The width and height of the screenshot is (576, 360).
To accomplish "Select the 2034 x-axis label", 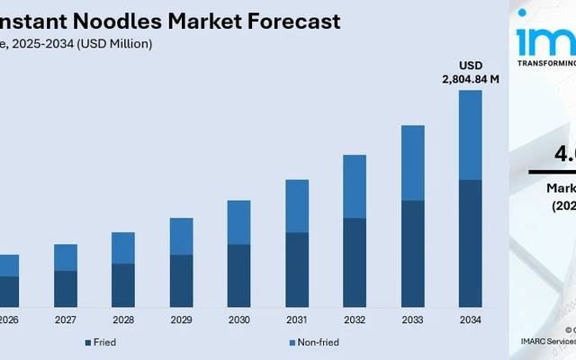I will tap(470, 319).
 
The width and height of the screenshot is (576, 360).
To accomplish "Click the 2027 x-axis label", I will tap(66, 319).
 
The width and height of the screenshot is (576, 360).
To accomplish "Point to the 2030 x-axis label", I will tap(238, 319).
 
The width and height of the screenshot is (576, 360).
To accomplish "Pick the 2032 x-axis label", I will tap(355, 319).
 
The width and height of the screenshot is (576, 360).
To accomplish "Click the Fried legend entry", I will tap(100, 342).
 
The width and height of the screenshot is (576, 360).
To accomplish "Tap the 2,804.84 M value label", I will tap(470, 79).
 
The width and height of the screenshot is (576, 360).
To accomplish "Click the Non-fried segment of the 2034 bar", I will tap(470, 135).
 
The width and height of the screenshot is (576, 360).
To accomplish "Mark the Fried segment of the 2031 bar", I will tap(297, 270).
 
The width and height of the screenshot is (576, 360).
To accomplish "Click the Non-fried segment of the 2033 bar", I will tap(412, 162).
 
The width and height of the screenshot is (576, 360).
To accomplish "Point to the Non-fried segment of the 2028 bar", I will tap(123, 247).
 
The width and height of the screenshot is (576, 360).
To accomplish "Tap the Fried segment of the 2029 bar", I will tap(181, 281).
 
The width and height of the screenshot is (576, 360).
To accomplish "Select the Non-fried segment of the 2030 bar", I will tap(238, 221).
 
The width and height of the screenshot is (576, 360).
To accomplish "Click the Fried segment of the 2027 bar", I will tap(66, 288).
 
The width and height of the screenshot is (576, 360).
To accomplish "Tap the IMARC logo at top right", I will tap(545, 40).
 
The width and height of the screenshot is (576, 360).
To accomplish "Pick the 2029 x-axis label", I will tap(181, 319).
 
